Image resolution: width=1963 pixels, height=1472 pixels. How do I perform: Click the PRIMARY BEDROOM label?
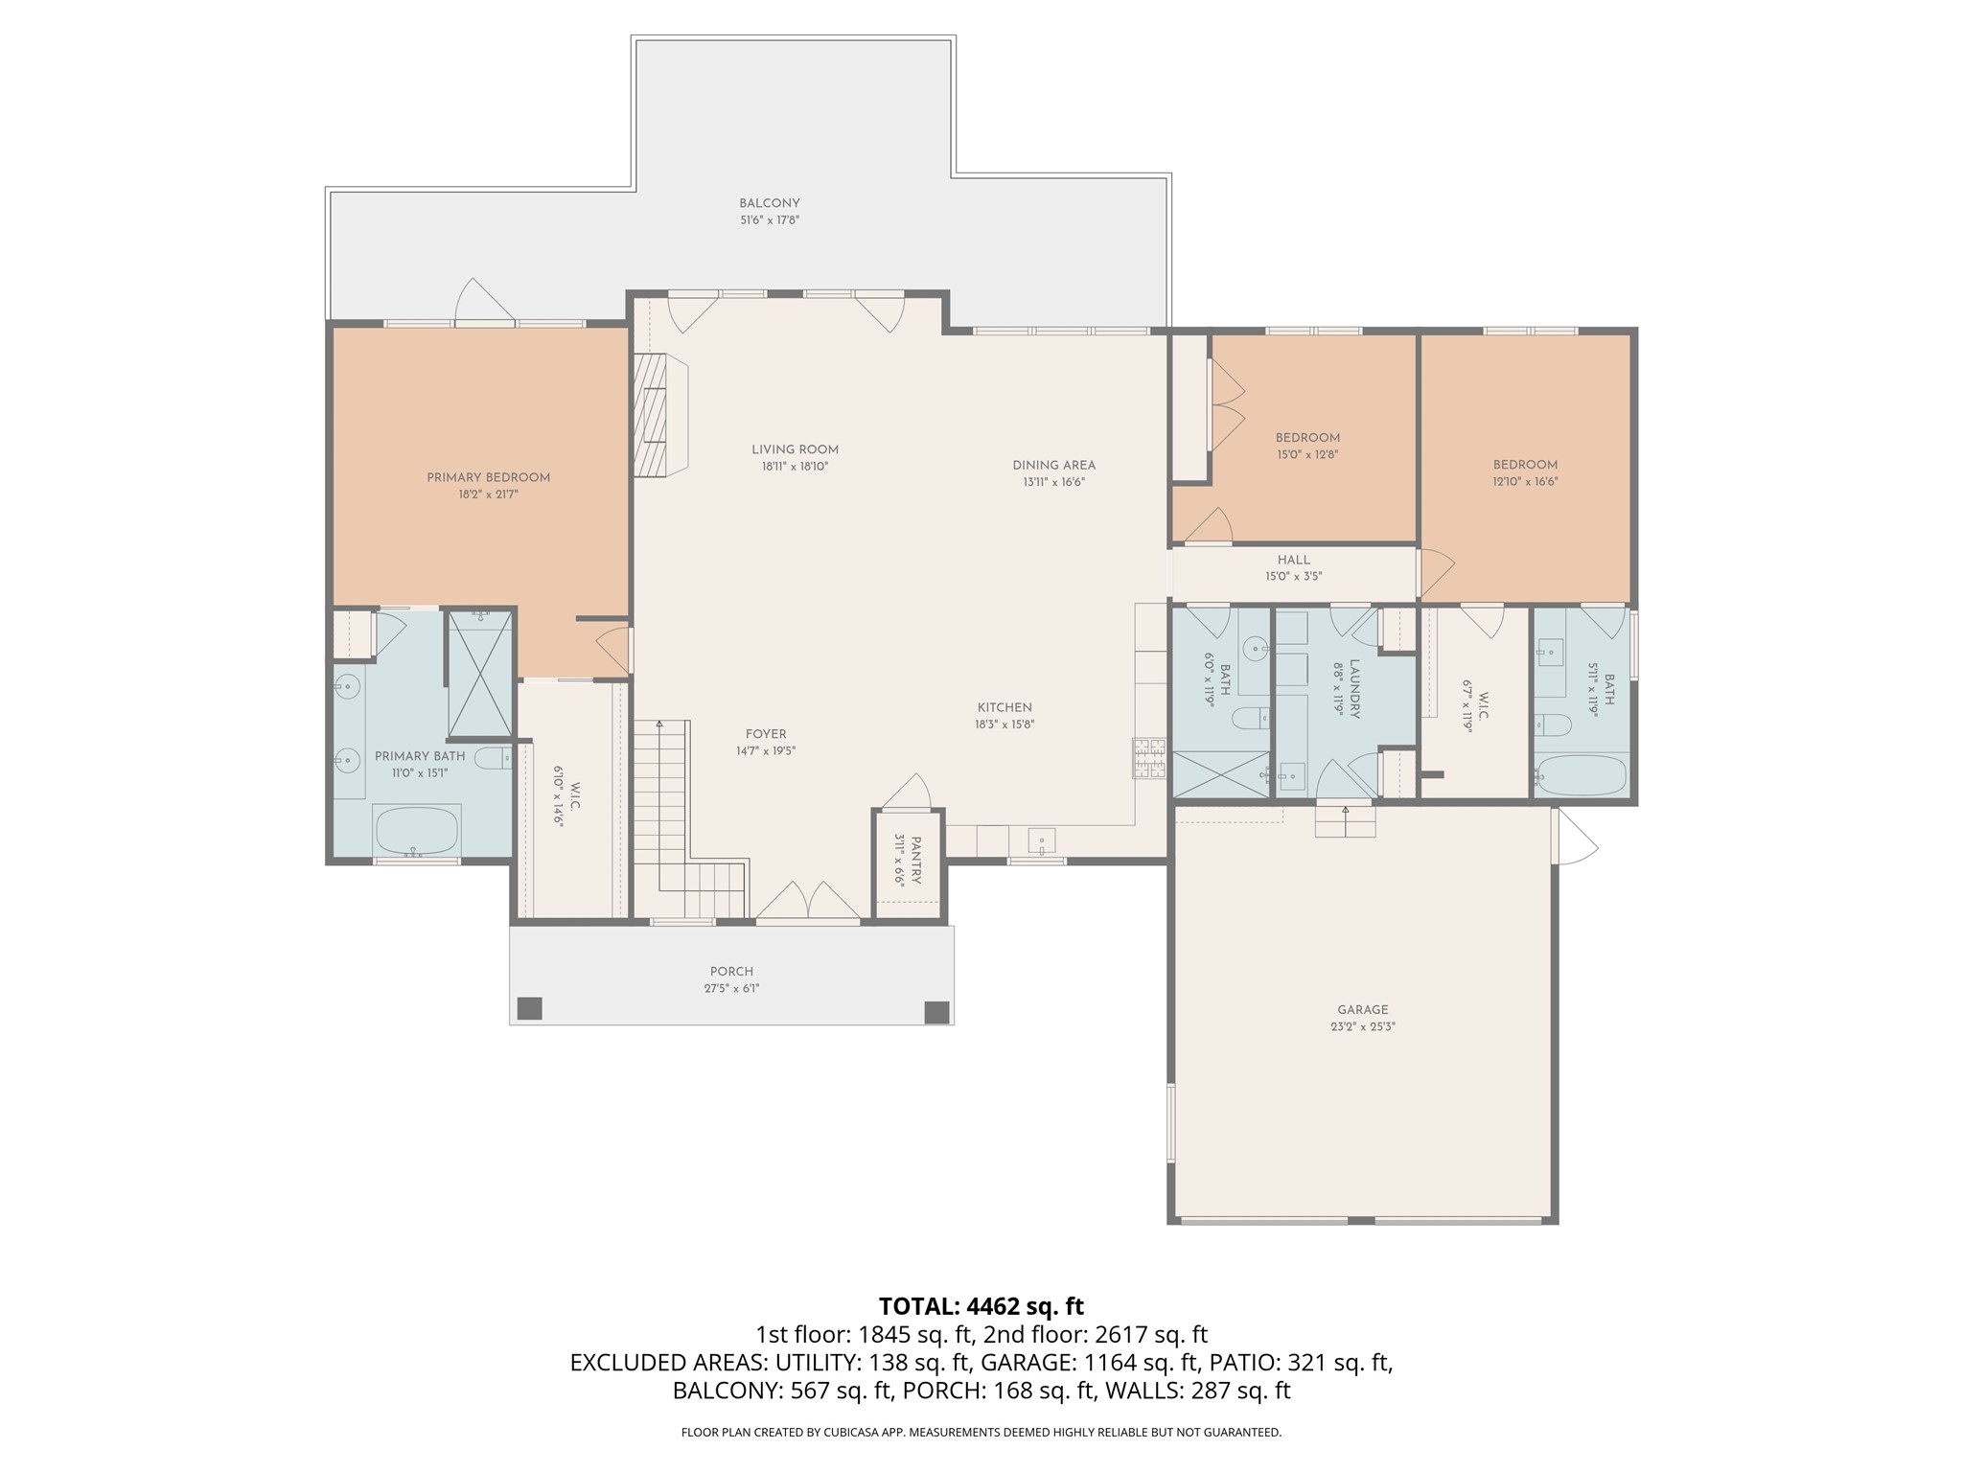(488, 477)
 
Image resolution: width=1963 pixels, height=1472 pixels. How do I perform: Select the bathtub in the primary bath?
(416, 830)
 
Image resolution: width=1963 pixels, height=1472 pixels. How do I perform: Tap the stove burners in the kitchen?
(1149, 757)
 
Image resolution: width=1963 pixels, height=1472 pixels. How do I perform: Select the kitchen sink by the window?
(1042, 841)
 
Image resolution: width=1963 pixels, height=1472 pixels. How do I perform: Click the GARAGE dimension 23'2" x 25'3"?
(1362, 1026)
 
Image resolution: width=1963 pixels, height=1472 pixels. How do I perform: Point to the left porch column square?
(529, 1008)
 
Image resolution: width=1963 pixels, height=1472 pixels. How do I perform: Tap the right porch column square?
(935, 1012)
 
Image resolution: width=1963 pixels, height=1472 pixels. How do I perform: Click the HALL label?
(1293, 560)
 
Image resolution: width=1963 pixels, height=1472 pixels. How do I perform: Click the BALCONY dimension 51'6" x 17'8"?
(769, 220)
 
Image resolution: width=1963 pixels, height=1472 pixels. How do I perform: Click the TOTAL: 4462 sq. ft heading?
(981, 1306)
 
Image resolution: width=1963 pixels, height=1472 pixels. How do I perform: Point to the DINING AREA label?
(1053, 465)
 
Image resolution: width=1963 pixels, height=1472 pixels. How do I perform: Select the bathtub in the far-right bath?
(1581, 774)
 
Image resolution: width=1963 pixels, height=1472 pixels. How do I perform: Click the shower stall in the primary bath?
(481, 673)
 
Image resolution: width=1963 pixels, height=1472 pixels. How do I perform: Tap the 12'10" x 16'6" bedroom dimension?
(1525, 482)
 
